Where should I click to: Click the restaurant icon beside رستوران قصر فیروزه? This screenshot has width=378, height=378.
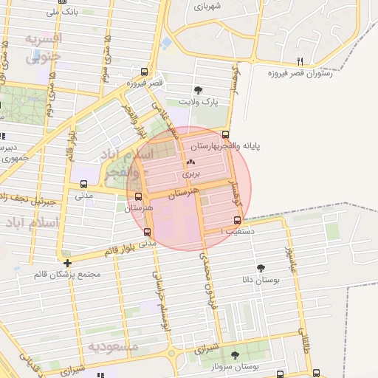[299, 62]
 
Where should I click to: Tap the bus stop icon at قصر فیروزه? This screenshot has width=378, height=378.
[143, 73]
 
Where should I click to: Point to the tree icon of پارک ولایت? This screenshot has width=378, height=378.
[204, 89]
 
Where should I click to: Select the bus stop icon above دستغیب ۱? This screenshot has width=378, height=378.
[237, 220]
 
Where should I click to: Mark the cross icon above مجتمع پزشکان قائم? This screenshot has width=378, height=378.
[67, 262]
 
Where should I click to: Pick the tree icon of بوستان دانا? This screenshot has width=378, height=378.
[261, 268]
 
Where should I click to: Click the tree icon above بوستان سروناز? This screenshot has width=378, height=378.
[235, 355]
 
